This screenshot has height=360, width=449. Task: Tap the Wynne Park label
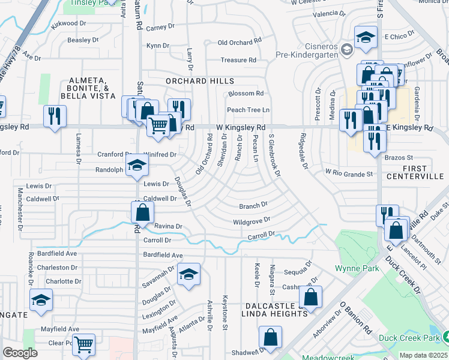[x=357, y=268]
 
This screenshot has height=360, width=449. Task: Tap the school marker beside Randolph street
[x=137, y=166]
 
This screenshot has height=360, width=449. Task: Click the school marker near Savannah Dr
[x=188, y=274]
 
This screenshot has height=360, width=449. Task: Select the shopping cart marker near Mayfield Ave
[x=84, y=344]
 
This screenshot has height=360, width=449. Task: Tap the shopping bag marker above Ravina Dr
[x=142, y=212]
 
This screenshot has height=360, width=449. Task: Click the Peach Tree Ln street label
[x=248, y=110]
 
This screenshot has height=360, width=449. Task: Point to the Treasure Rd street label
[x=238, y=60]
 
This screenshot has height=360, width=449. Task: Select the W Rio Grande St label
[x=349, y=173]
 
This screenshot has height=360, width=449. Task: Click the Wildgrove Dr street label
[x=252, y=221]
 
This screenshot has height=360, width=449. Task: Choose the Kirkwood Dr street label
[x=73, y=23]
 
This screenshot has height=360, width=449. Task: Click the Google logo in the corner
[x=20, y=353]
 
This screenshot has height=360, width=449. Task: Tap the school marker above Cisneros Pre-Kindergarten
[x=365, y=38]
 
